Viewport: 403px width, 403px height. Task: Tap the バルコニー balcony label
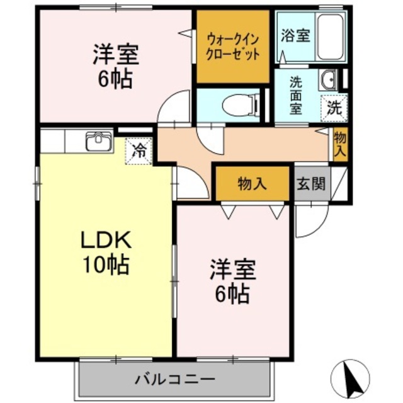click(175, 380)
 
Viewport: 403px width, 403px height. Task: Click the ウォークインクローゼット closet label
click(233, 45)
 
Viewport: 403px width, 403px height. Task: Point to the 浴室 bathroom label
click(295, 35)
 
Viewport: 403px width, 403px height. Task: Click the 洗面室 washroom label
click(295, 95)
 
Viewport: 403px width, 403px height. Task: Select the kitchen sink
click(98, 141)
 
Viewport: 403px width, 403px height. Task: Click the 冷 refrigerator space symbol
click(140, 151)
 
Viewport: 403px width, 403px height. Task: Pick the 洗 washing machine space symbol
click(334, 107)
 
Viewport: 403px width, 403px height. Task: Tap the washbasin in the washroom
click(329, 79)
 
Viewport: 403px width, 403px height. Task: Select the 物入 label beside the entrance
click(253, 184)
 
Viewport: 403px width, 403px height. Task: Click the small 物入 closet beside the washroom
click(340, 145)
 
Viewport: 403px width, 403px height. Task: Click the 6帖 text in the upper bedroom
click(115, 80)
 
